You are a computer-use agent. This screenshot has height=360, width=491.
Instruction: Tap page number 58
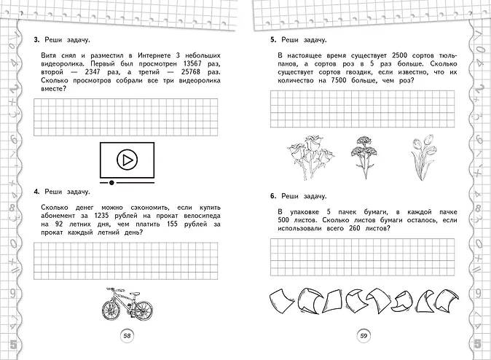coord(127,336)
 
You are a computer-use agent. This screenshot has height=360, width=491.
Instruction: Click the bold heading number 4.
coord(36,192)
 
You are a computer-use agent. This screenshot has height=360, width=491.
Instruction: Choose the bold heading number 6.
coord(272,196)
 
